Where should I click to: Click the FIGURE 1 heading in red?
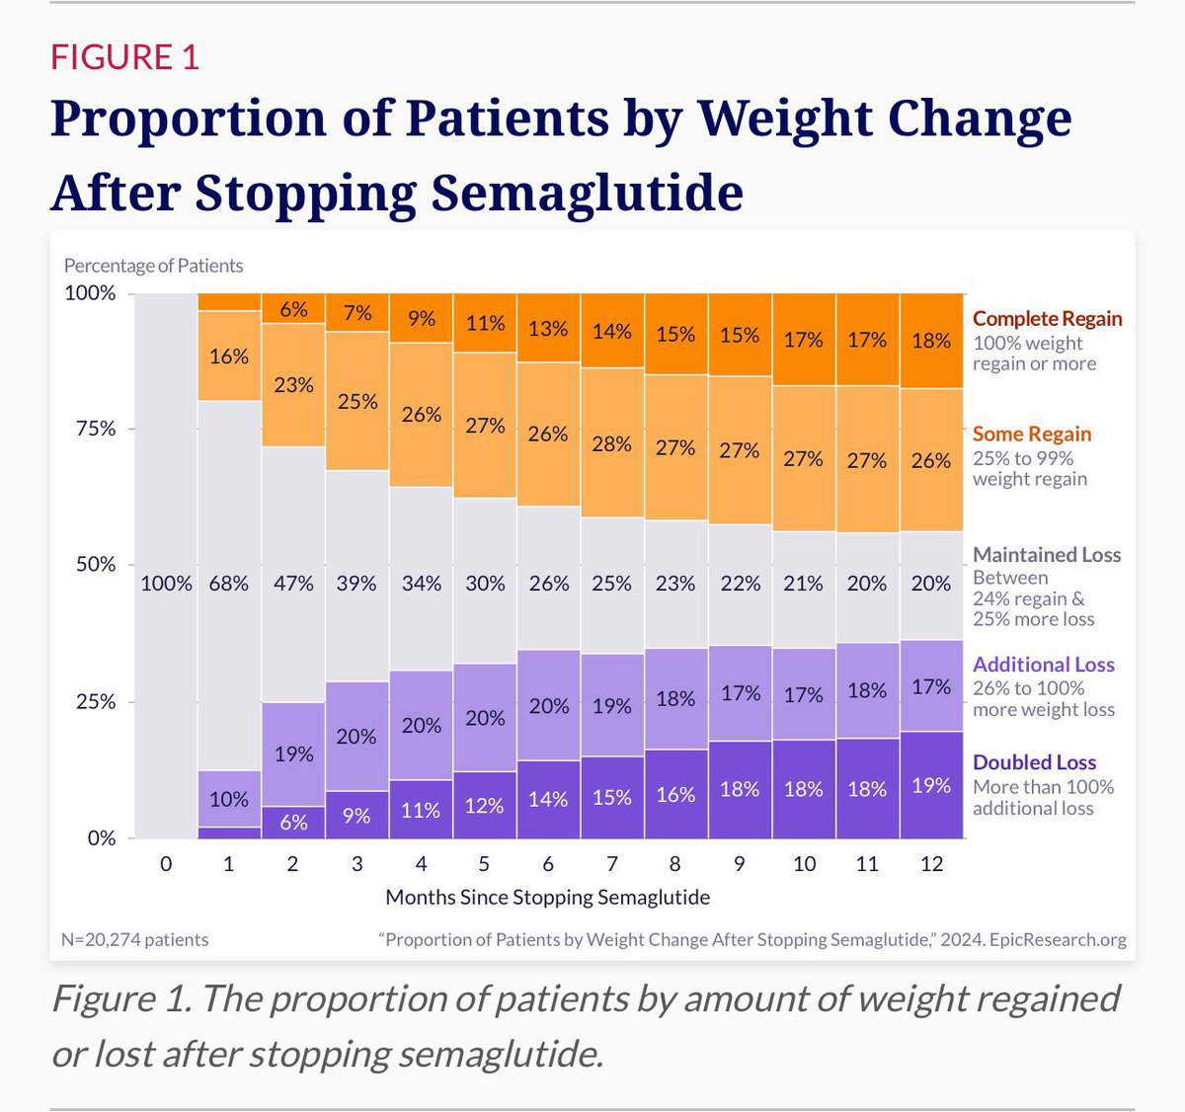pos(124,57)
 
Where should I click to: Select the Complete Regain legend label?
pos(1047,318)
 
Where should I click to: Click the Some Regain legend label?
pos(1031,434)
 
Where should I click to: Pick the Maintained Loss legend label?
pos(1046,555)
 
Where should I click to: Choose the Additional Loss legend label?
pos(1043,665)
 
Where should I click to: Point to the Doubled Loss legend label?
pos(1034,762)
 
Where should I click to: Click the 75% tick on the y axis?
pos(96,429)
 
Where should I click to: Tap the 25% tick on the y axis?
pos(96,701)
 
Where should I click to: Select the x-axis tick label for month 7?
pos(612,864)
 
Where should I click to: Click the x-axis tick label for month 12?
pos(931,864)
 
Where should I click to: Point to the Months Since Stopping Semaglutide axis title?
pos(547,897)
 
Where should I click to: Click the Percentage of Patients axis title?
pos(153,266)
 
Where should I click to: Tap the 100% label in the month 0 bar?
pos(166,584)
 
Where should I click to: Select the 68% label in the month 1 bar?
pos(229,584)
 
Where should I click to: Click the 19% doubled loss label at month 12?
pos(931,786)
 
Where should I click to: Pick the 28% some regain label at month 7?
pos(612,444)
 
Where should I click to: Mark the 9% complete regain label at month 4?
pos(422,319)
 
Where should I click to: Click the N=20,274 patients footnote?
pos(135,939)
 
